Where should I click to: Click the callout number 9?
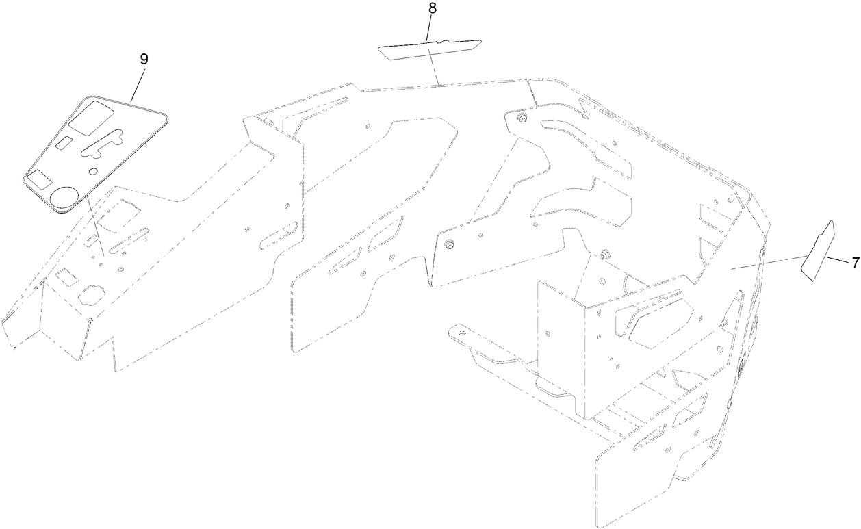click(x=144, y=59)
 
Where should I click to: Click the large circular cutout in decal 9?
click(x=65, y=196)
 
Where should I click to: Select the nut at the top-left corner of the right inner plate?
click(x=522, y=119)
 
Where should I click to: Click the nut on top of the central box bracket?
click(x=604, y=255)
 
